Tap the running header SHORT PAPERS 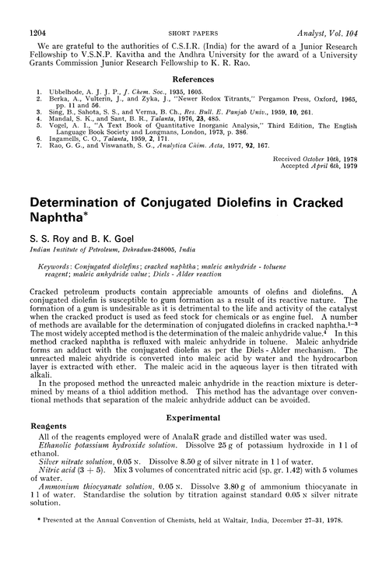click(194, 13)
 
